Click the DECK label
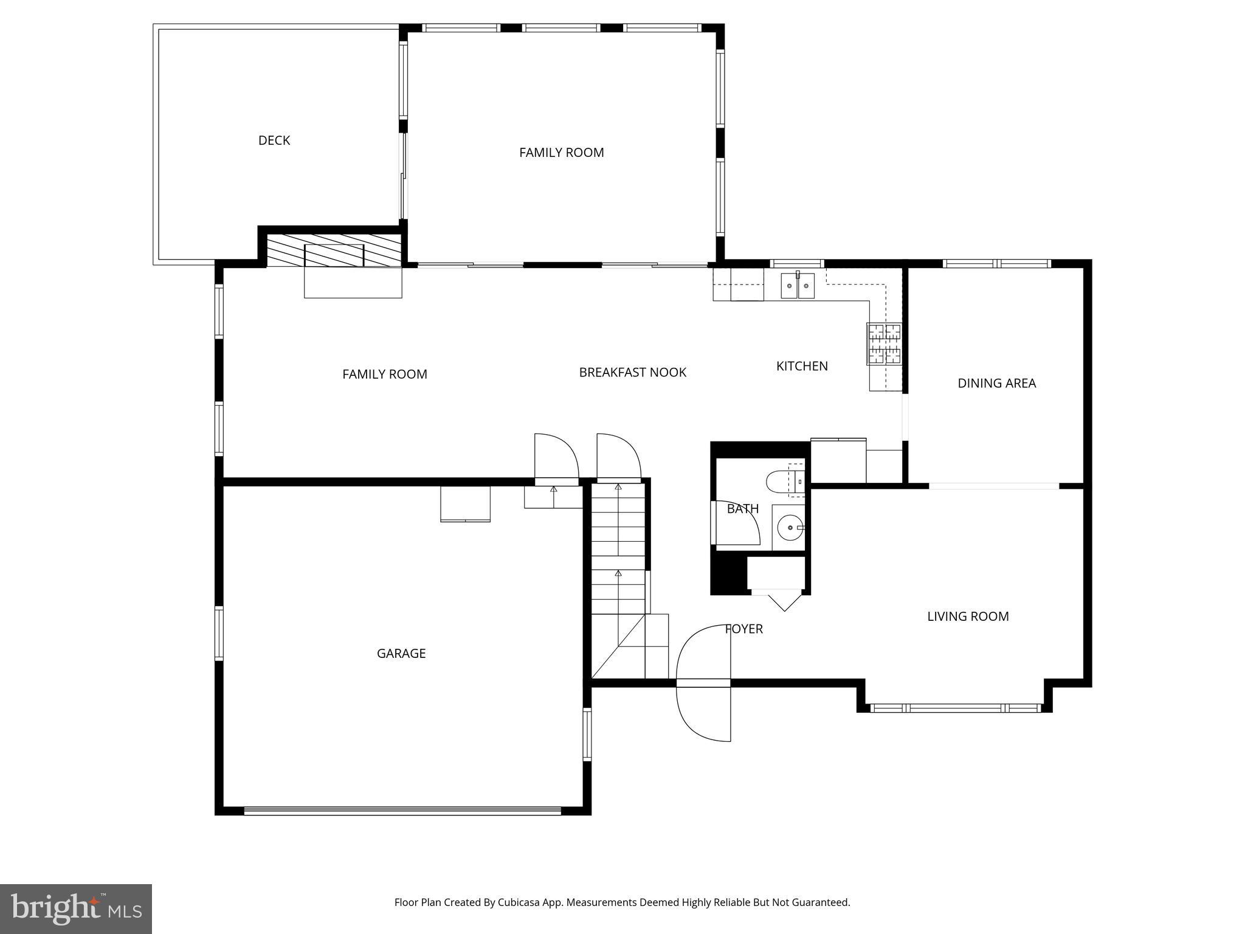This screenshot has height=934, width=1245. coord(274,140)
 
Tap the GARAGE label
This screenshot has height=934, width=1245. coord(401,654)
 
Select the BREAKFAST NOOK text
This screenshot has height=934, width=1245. coord(632,372)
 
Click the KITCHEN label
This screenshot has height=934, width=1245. coord(802,366)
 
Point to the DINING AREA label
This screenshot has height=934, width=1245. coord(996,383)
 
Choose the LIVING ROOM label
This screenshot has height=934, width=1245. coord(968,617)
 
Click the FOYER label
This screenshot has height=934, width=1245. coord(744,629)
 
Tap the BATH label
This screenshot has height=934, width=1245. coord(742,509)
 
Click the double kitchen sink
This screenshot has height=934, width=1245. coord(798,286)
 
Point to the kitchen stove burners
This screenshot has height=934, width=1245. coord(884,344)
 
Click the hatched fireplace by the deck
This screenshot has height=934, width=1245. coord(334,251)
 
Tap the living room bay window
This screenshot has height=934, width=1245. coord(955,708)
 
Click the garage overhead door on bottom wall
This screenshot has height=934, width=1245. coord(402,810)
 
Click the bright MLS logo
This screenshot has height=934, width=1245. coord(76,908)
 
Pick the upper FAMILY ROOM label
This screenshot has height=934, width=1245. coord(561,153)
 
